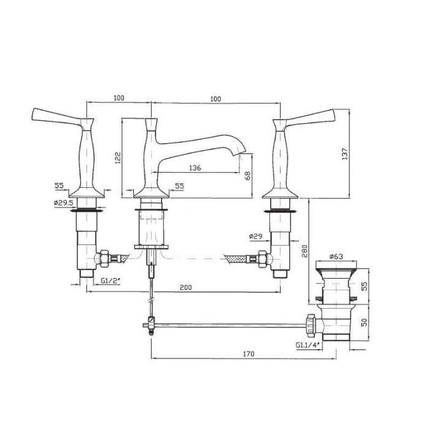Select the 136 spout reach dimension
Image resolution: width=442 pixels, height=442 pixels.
coord(195,167)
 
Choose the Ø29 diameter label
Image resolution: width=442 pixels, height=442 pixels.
coord(257,236)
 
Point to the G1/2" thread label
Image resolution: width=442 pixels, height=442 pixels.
coord(111,281)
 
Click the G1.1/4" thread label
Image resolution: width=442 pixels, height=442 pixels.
coord(307,345)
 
